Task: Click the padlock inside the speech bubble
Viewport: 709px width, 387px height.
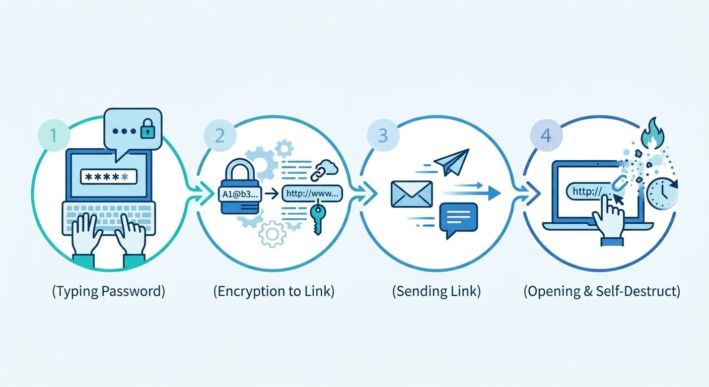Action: [x=147, y=131]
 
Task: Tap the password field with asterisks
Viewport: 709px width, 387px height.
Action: [x=108, y=176]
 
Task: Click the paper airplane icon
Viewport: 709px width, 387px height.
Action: [x=451, y=162]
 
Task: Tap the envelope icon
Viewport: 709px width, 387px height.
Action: [x=411, y=193]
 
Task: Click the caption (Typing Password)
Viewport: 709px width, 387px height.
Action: [x=108, y=292]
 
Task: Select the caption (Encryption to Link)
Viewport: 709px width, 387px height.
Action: [x=273, y=292]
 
